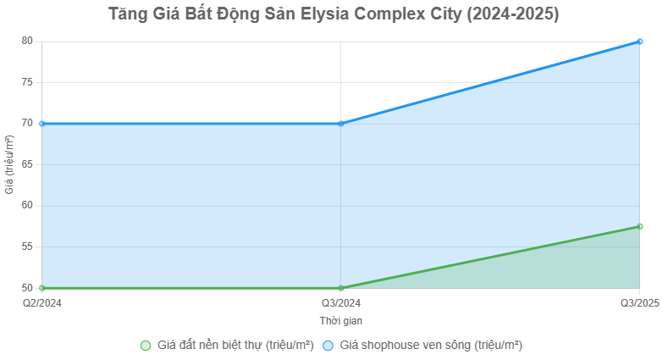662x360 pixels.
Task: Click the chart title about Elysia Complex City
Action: click(x=334, y=14)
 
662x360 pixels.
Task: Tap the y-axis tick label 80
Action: click(x=27, y=41)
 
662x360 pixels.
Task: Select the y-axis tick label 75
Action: click(x=27, y=82)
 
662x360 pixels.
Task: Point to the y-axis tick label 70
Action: click(x=27, y=123)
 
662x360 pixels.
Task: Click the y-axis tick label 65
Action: click(x=27, y=164)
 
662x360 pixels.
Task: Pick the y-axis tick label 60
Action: click(x=27, y=206)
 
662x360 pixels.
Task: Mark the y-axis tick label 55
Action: click(x=27, y=246)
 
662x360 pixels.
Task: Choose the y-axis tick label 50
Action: click(x=27, y=288)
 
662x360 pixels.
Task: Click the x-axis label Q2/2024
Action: click(x=42, y=302)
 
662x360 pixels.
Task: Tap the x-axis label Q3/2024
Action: click(x=341, y=302)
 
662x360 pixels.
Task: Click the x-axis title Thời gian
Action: click(x=341, y=321)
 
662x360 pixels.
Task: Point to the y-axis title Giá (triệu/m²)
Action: click(x=9, y=164)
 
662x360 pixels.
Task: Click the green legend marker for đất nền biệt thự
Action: click(x=146, y=346)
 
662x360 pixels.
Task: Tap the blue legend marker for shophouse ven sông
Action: click(x=328, y=346)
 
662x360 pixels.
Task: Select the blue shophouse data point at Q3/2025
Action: click(x=640, y=41)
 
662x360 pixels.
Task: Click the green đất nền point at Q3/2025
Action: click(x=640, y=226)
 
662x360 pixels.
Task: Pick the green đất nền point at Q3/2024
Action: click(x=341, y=288)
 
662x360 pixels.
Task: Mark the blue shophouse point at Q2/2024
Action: click(x=42, y=124)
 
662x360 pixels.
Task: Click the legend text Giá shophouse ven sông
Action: click(x=431, y=346)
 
